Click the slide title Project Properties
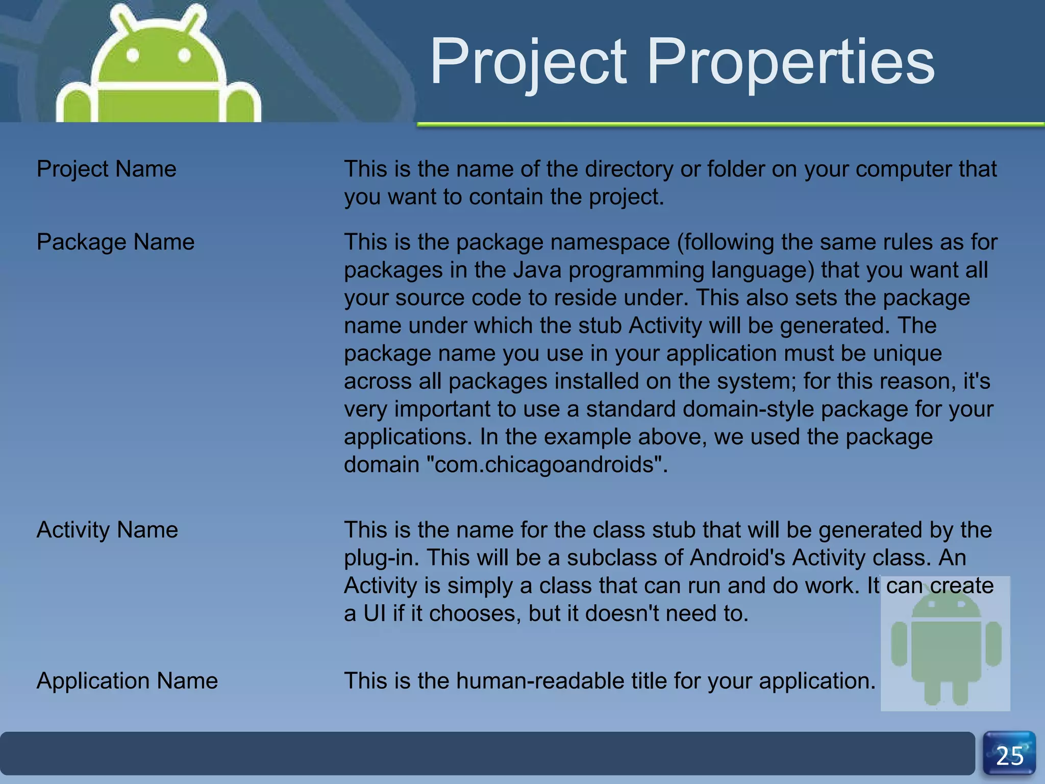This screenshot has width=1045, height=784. click(x=682, y=62)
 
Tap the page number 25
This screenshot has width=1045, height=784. click(x=1009, y=755)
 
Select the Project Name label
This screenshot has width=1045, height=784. click(x=106, y=169)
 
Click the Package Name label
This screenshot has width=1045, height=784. click(x=115, y=242)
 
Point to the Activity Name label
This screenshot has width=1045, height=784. click(x=107, y=530)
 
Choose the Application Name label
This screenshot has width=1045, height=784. click(x=127, y=681)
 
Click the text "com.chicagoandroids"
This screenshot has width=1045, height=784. click(x=544, y=464)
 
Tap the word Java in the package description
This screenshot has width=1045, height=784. click(x=537, y=270)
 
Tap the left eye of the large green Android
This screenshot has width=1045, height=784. click(x=133, y=55)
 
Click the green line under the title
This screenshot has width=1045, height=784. click(x=730, y=124)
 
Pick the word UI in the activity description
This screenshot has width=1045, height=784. click(x=375, y=614)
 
